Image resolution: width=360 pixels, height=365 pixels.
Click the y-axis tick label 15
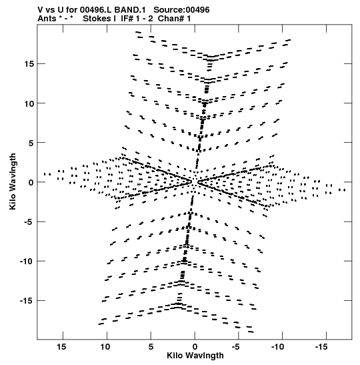pyautogui.click(x=29, y=64)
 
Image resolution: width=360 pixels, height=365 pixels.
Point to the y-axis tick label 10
pyautogui.click(x=29, y=103)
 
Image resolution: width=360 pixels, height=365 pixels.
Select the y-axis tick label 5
pyautogui.click(x=31, y=143)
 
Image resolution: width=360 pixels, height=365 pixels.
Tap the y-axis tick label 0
pyautogui.click(x=31, y=183)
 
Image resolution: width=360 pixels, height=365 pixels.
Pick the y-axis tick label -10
pyautogui.click(x=27, y=262)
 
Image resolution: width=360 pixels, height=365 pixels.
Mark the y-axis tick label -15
pyautogui.click(x=27, y=301)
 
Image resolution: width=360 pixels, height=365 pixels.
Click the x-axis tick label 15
pyautogui.click(x=61, y=347)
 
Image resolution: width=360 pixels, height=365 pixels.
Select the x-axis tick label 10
pyautogui.click(x=105, y=347)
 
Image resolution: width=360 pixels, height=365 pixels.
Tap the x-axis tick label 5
pyautogui.click(x=151, y=347)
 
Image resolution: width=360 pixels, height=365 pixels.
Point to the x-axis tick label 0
pyautogui.click(x=195, y=347)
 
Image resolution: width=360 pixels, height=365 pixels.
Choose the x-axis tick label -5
pyautogui.click(x=235, y=347)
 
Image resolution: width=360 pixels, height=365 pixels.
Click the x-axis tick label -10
pyautogui.click(x=278, y=347)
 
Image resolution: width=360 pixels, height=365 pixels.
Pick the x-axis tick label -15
pyautogui.click(x=321, y=347)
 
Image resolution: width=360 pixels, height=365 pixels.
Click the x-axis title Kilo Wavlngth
pyautogui.click(x=195, y=356)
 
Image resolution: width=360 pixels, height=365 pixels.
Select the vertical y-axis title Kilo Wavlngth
pyautogui.click(x=13, y=181)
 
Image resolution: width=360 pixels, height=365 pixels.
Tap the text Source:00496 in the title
pyautogui.click(x=181, y=10)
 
